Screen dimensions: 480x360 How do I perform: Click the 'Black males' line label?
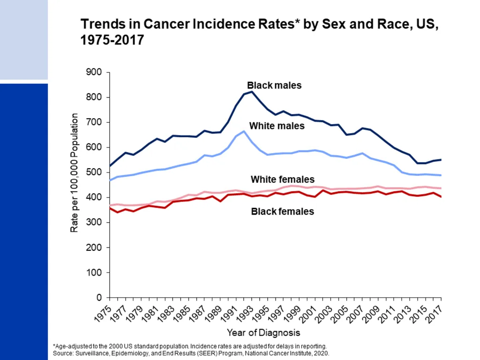[274, 85]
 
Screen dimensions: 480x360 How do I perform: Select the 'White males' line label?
[277, 126]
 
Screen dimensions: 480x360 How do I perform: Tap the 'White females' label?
[283, 180]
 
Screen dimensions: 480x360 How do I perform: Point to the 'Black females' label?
[283, 211]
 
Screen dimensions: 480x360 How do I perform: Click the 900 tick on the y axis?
[94, 72]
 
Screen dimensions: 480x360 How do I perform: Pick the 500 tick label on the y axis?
[94, 172]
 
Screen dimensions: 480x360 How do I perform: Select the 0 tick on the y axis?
[99, 297]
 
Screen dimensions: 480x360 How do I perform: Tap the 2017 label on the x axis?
[434, 313]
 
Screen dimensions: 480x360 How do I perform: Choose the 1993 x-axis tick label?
[245, 313]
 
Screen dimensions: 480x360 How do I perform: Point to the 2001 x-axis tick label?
[307, 313]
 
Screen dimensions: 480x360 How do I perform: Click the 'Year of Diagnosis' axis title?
[263, 333]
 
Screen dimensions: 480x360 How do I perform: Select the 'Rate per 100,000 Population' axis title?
[74, 173]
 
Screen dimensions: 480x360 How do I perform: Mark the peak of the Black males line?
[252, 91]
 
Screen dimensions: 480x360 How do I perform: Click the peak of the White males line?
[244, 131]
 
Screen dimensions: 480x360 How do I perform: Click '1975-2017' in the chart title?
[112, 40]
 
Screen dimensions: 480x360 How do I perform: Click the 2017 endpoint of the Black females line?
[441, 197]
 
